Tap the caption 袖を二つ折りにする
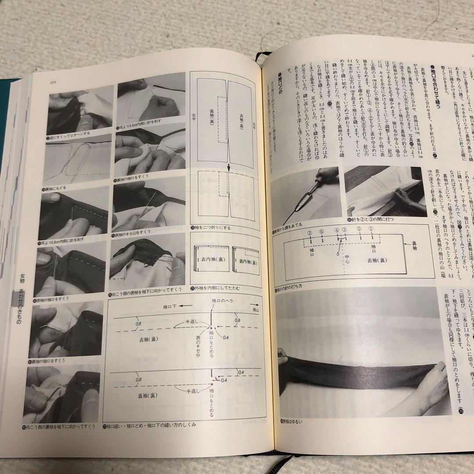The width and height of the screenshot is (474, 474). click(x=212, y=228)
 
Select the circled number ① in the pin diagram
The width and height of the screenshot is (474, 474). click(x=371, y=228)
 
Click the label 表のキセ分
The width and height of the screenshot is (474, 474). click(x=200, y=340)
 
